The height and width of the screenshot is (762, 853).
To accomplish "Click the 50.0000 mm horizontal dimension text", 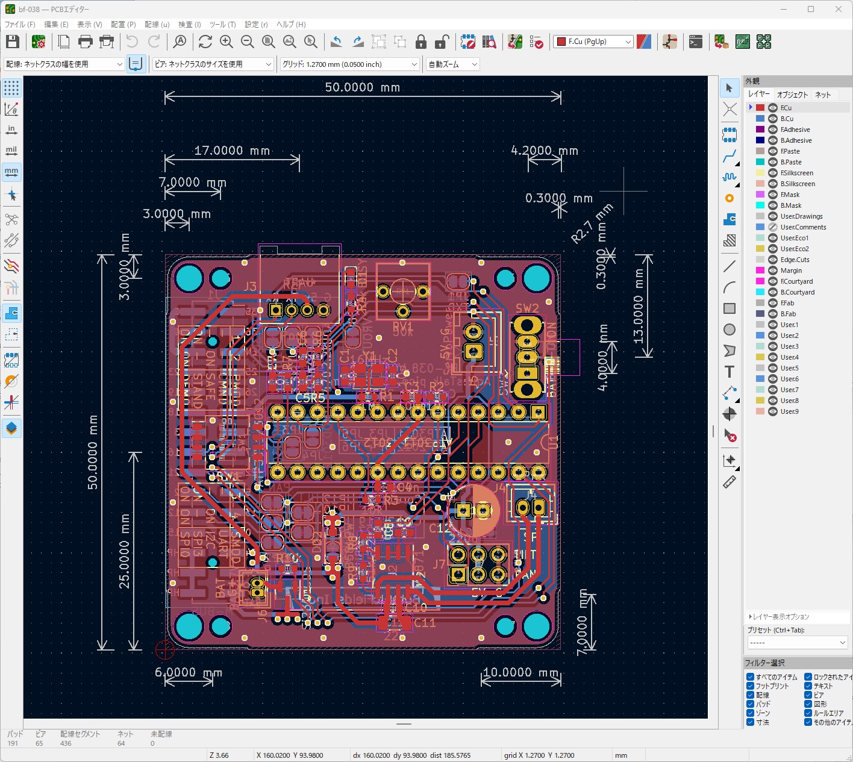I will [362, 87].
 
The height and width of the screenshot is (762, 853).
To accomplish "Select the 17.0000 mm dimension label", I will [232, 151].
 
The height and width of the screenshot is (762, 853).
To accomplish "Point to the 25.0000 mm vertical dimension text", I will [125, 551].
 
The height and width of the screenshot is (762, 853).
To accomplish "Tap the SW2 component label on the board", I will [527, 308].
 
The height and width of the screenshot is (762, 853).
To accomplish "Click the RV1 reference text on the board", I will [402, 326].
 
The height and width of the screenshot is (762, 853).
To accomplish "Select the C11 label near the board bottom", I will [424, 622].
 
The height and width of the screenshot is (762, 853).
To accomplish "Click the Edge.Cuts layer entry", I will [795, 260].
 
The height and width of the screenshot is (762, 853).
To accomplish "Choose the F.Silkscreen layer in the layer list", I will [796, 173].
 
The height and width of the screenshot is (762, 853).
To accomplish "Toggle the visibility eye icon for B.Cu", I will [773, 119].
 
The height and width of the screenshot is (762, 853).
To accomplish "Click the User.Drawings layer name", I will [801, 216].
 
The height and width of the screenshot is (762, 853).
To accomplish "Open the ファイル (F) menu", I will [20, 25].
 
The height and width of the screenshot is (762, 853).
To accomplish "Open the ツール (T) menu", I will [222, 25].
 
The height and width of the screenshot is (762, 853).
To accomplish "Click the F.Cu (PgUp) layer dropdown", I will [593, 42].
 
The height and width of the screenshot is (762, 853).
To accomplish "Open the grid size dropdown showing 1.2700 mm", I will [349, 64].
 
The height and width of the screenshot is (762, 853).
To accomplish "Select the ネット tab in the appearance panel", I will [822, 95].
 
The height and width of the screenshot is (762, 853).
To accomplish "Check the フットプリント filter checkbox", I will [751, 686].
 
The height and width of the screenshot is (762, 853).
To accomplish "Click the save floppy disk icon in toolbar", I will [13, 42].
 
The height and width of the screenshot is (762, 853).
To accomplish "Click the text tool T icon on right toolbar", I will [730, 372].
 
